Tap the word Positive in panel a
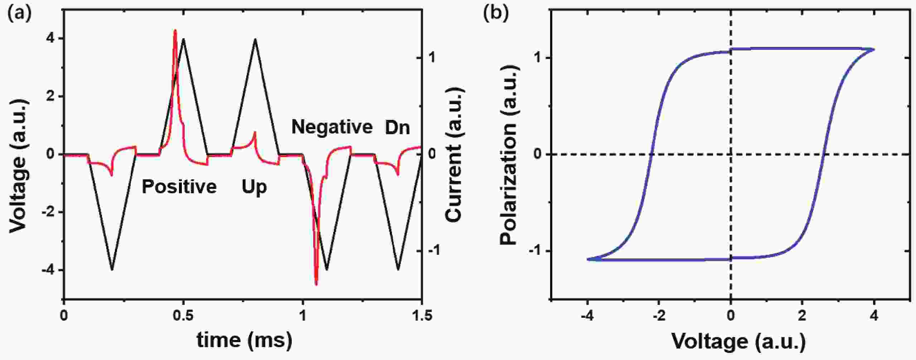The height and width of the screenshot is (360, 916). tap(179, 187)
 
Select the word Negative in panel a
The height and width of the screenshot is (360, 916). tap(332, 127)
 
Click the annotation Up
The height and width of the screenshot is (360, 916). tap(254, 187)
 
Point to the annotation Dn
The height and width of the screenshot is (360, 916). tap(397, 128)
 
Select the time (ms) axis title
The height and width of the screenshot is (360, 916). tap(244, 340)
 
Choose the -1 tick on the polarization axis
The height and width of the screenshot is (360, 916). tap(536, 250)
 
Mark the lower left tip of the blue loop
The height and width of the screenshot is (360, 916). tap(588, 259)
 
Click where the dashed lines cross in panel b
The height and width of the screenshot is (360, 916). tap(731, 154)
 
